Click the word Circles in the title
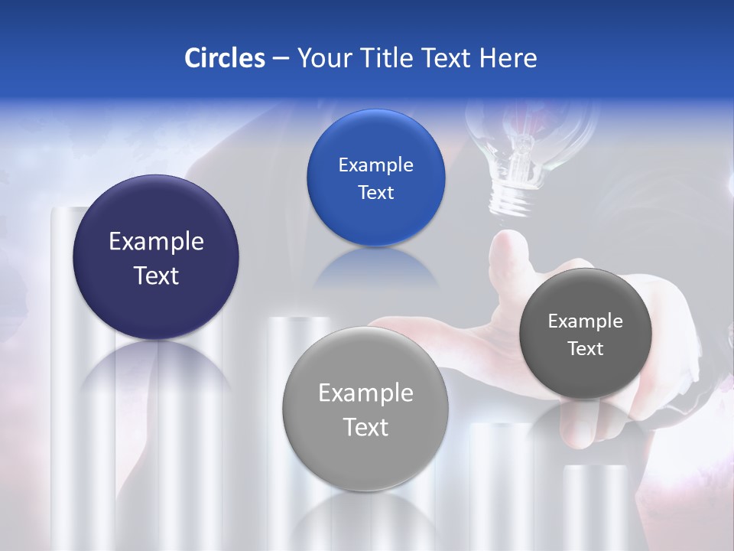[224, 57]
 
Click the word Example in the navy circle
[156, 241]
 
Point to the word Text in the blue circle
[375, 193]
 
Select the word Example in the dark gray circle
[585, 321]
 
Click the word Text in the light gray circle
[365, 427]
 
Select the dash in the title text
[280, 57]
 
